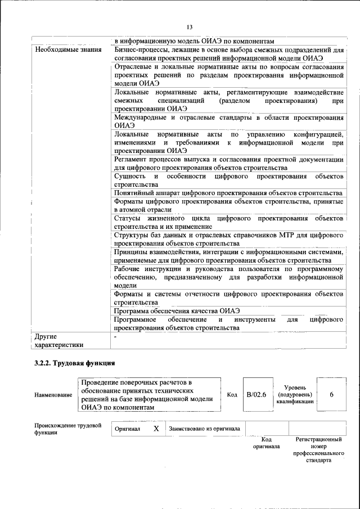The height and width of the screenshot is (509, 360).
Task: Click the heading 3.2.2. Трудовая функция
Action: click(x=75, y=363)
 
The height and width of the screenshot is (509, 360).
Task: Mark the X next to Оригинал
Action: click(x=156, y=429)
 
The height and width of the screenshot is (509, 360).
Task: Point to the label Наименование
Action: click(x=53, y=395)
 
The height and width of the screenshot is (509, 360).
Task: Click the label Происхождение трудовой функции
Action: click(x=67, y=429)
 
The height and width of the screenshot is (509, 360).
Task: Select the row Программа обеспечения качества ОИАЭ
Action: click(x=177, y=310)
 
